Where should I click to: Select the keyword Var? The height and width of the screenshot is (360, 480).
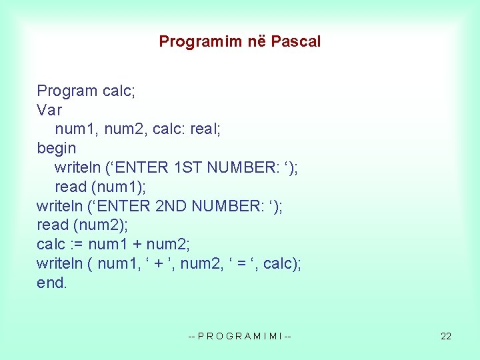(49, 109)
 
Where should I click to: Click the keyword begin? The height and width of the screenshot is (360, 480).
(57, 148)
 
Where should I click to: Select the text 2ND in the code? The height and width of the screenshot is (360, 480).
(171, 206)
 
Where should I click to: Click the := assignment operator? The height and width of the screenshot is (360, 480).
(75, 245)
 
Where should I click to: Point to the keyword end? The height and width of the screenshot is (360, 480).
(52, 283)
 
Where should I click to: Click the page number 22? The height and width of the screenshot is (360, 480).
(446, 336)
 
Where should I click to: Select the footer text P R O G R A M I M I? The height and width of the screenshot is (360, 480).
(239, 336)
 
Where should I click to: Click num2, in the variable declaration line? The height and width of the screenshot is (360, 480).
(125, 129)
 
